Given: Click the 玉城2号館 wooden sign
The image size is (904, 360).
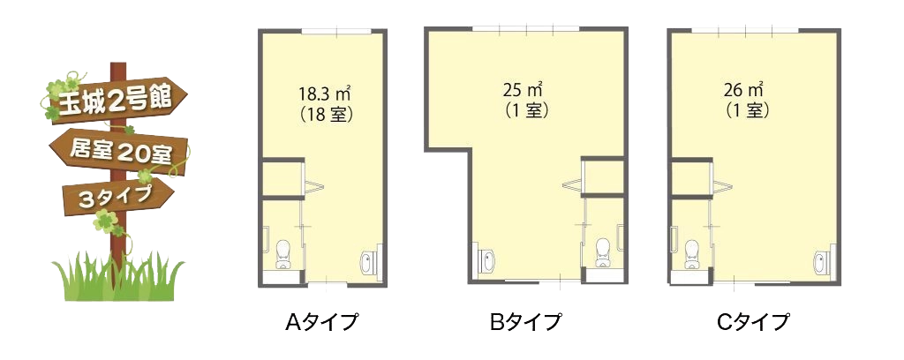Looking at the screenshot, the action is click(x=116, y=100).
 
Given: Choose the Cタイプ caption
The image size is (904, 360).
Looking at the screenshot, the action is click(x=752, y=322).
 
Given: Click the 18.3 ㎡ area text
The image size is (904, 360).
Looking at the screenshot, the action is click(x=326, y=93).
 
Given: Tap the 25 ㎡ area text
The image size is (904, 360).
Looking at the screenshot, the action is click(x=524, y=90).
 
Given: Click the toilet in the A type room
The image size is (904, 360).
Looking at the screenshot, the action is click(x=283, y=254).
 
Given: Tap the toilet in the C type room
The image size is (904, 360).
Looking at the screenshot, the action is click(x=691, y=254).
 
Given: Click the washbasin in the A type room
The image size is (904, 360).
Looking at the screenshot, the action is click(x=368, y=263).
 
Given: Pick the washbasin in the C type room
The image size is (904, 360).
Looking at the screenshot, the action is click(x=822, y=263).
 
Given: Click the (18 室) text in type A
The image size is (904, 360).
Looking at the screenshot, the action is click(x=326, y=114).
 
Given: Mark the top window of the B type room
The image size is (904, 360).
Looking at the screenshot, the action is click(x=526, y=27).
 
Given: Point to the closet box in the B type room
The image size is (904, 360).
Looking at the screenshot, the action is click(x=604, y=177).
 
